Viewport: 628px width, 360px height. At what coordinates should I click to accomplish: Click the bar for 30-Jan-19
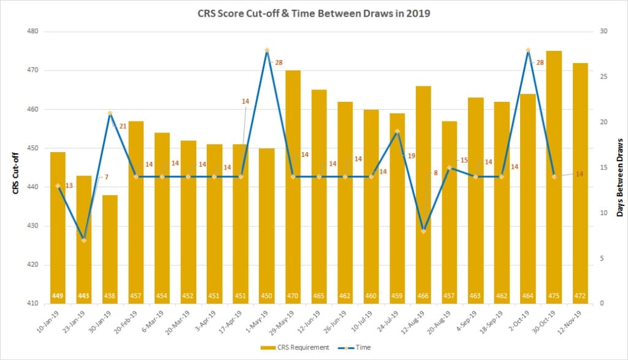coord(110,245)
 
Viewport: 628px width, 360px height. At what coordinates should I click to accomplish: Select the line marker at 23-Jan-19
coord(84,240)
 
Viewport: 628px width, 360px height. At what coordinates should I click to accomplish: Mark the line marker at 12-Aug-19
coord(423,231)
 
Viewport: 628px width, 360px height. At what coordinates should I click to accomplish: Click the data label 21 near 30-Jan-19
coord(123,126)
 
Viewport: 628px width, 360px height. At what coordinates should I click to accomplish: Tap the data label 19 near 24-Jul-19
coord(411,156)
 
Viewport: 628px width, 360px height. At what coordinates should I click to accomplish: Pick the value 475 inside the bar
coord(554,296)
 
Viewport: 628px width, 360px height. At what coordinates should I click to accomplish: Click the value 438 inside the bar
coord(110,296)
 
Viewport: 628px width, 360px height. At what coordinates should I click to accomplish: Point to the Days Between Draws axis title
coord(619,177)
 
